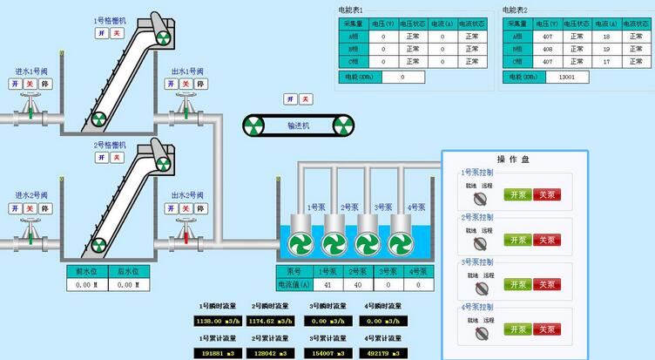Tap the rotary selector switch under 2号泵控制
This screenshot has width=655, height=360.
tap(480, 242)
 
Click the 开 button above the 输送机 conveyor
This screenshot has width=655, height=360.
tap(291, 98)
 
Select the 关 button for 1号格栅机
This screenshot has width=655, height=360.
tap(117, 32)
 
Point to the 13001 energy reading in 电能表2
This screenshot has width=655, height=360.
tap(566, 77)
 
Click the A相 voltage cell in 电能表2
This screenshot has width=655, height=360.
tap(548, 37)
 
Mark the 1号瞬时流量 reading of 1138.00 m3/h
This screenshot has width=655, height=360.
tap(214, 321)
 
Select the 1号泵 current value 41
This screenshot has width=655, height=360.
tap(327, 284)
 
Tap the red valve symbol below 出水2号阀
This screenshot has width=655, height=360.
tap(186, 234)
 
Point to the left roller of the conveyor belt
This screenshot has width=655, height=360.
tap(255, 126)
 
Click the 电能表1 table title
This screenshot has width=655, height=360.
tap(351, 10)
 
